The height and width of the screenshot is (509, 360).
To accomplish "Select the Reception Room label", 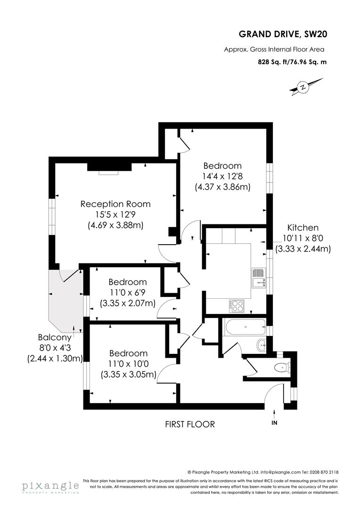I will pos(115,204).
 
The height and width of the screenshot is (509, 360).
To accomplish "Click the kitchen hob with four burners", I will pos(237,306).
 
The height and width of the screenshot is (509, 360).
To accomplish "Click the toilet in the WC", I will pos(282,366).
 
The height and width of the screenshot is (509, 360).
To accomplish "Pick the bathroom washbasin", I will pos(262,346).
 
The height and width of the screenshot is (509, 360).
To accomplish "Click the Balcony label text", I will pos(55,337).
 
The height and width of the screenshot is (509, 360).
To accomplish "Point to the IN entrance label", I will pos(275,423).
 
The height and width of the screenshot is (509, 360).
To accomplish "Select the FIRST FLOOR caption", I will pos(189,424).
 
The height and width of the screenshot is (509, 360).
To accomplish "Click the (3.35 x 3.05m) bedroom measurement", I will pos(128,375).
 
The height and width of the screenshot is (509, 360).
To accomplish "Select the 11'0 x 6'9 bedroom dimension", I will pos(128,293).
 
